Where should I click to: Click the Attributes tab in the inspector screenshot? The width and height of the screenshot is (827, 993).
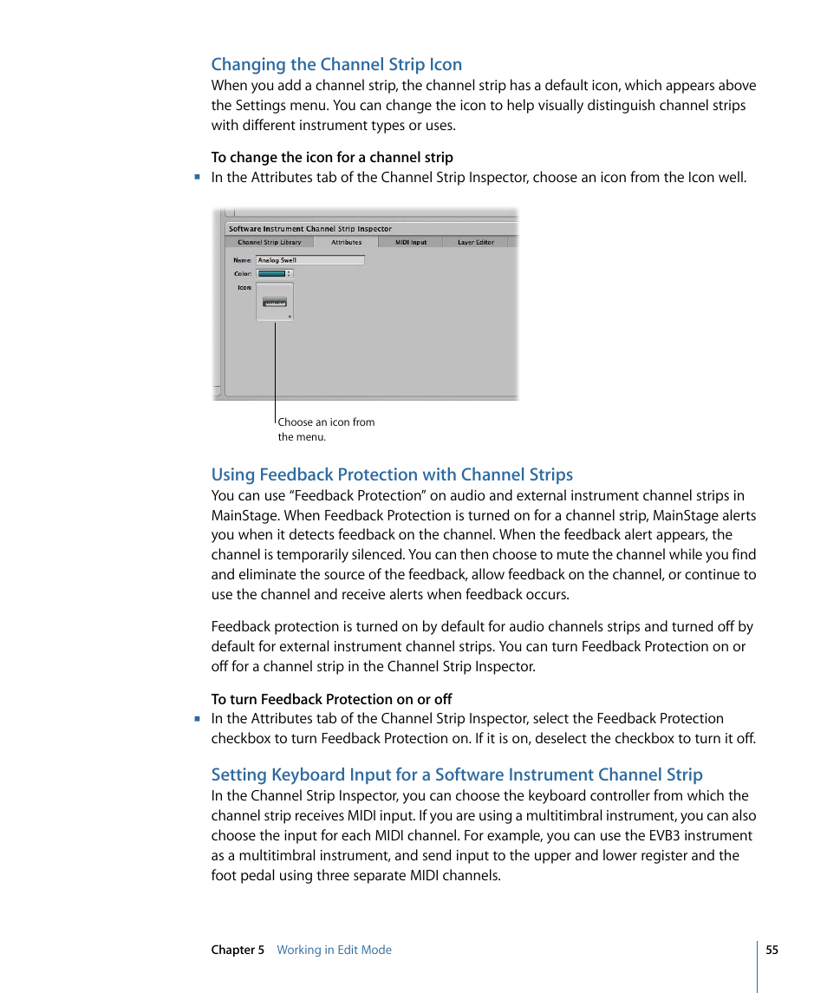[346, 243]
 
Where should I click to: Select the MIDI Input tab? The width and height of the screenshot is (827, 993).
[411, 243]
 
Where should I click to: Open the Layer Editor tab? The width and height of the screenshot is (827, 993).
[475, 243]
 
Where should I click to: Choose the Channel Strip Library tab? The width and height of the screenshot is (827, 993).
[270, 243]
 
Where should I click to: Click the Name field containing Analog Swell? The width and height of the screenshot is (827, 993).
[310, 260]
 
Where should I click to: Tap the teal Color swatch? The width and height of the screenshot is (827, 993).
[272, 273]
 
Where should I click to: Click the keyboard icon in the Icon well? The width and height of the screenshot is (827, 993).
[275, 303]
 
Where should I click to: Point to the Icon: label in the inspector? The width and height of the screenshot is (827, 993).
[244, 287]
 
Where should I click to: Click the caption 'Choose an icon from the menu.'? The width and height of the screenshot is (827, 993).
[326, 429]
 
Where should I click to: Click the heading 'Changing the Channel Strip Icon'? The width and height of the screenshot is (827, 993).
[336, 64]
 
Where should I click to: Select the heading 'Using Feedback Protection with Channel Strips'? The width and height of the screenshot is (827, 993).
[392, 474]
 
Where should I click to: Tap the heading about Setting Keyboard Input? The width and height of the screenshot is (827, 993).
[457, 774]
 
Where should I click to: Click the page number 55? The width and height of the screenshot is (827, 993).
[772, 950]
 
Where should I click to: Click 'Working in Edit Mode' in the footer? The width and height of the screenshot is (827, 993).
[334, 950]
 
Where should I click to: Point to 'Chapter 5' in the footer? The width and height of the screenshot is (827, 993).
[238, 950]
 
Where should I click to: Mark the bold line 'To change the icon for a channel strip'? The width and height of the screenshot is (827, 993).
[332, 157]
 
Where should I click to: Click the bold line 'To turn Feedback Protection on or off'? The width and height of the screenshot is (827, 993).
[331, 699]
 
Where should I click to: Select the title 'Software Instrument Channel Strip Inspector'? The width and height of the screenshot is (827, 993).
[310, 229]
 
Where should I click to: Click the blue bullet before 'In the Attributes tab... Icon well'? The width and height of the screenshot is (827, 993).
[198, 177]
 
